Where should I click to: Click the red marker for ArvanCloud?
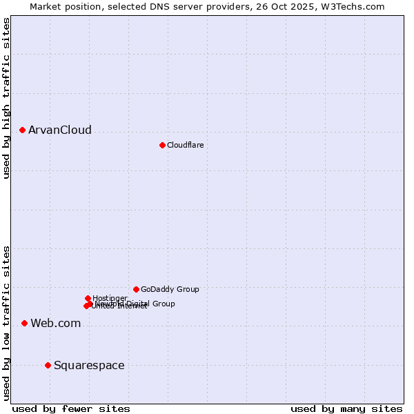tap(22, 130)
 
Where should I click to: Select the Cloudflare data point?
tap(162, 145)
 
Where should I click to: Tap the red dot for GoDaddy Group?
tap(136, 289)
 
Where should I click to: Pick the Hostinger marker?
tap(88, 298)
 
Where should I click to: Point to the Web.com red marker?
tap(24, 323)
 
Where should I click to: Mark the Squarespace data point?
tap(48, 365)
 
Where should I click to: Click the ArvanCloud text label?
tap(59, 130)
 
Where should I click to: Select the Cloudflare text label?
tap(185, 145)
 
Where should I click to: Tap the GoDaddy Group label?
tap(170, 289)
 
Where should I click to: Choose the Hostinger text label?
tap(110, 298)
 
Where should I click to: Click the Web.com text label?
tap(55, 323)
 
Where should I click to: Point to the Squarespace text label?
tap(89, 365)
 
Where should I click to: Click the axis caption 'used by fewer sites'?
tap(71, 408)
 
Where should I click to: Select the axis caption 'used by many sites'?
tap(346, 408)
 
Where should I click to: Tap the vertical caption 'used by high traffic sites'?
tap(6, 99)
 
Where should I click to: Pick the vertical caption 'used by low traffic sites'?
tap(6, 323)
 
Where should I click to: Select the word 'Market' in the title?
tap(46, 6)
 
